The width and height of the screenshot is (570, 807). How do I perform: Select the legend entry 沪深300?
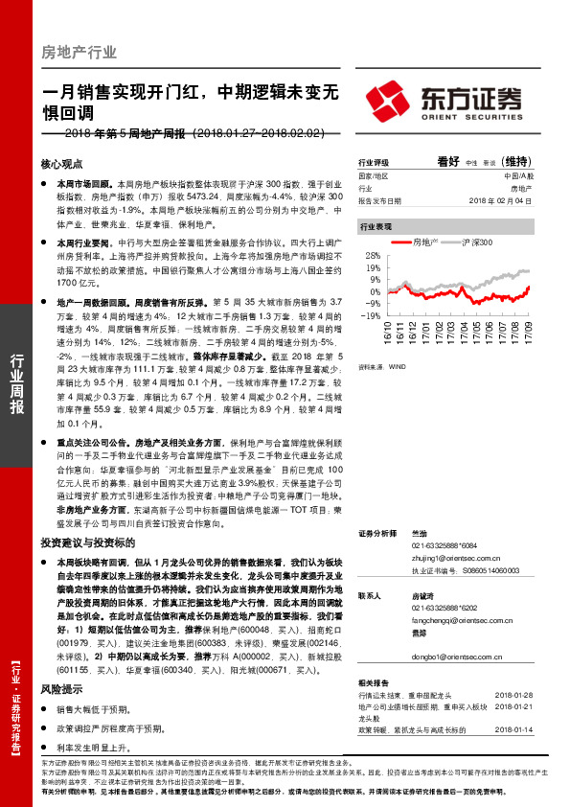coord(476,243)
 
